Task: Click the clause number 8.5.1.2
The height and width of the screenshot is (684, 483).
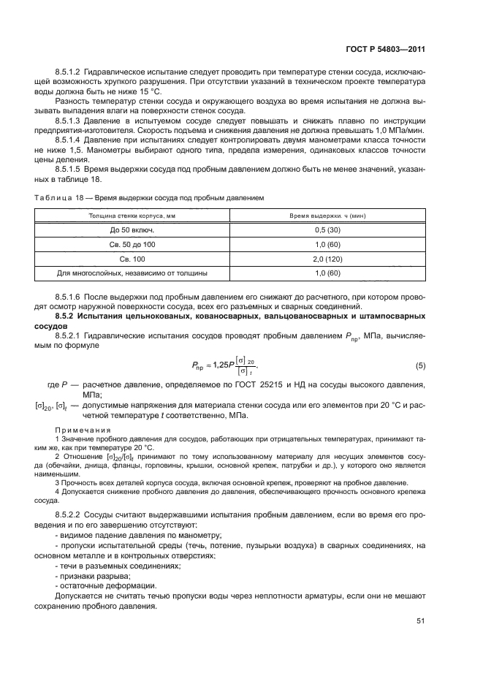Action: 70,73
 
